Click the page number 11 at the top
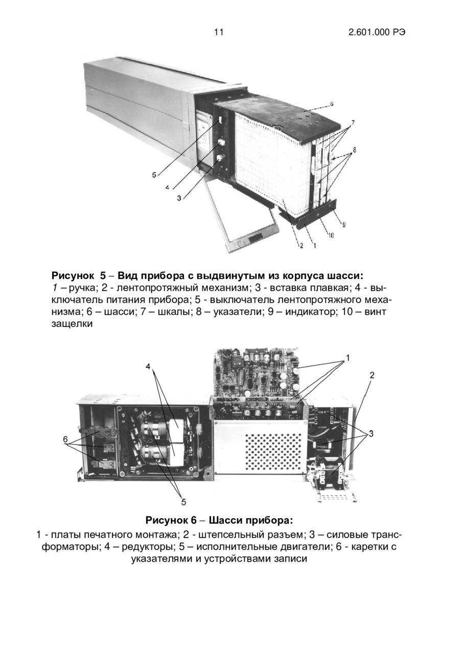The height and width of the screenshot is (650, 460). tap(219, 32)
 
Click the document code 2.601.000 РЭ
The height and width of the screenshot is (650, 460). tap(377, 32)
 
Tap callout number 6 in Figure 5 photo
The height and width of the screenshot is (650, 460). tap(331, 104)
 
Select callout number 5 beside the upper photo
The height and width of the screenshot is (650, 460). tap(154, 175)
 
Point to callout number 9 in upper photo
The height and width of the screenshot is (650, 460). tap(343, 224)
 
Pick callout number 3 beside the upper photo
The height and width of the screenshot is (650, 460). tap(179, 198)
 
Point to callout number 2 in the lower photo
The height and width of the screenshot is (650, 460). tap(372, 375)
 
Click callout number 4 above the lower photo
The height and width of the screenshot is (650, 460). tap(148, 366)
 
